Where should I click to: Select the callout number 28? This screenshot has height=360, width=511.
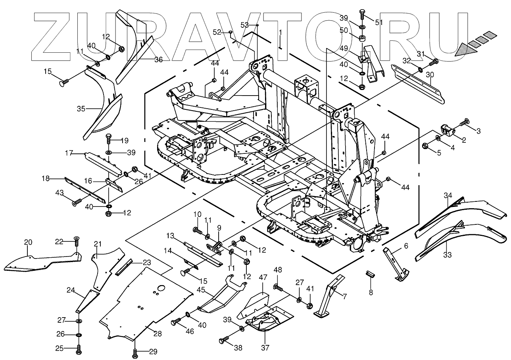158,334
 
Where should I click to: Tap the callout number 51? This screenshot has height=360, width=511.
379,23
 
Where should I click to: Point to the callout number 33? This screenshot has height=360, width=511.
447,255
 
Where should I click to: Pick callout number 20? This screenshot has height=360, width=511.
28,242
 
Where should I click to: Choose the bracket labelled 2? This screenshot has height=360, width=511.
447,130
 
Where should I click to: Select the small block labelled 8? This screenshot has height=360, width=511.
371,274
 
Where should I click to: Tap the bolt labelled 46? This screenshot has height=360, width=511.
176,322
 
